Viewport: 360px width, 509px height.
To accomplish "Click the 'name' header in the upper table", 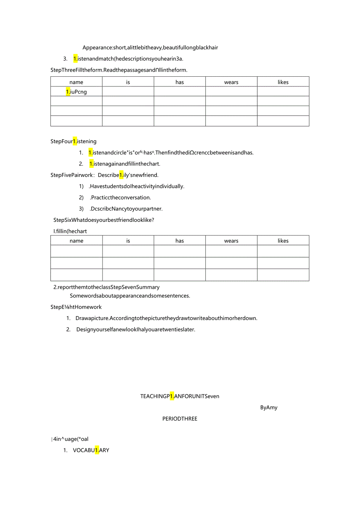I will click(x=76, y=82).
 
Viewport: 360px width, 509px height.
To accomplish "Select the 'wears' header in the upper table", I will click(x=231, y=82).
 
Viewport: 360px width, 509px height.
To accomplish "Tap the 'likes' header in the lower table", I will click(x=283, y=241).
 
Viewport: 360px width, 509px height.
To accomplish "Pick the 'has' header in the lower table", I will click(x=180, y=241).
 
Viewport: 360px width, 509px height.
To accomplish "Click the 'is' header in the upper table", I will click(x=128, y=82).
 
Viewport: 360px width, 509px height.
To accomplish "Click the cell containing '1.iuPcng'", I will click(x=76, y=92).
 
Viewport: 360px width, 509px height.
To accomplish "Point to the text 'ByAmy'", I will click(x=269, y=407).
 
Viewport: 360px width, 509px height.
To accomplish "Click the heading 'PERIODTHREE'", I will click(x=180, y=419).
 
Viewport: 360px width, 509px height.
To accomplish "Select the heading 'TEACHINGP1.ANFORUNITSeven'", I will click(x=180, y=396).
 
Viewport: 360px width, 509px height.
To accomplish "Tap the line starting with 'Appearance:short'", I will click(x=150, y=48).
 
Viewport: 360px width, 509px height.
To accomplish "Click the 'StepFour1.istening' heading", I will click(x=74, y=141).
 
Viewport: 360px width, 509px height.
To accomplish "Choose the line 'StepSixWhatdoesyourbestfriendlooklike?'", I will click(x=104, y=220).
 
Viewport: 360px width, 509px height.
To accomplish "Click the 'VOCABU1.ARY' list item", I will click(x=91, y=450).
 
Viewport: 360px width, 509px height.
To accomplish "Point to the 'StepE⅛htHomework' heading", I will click(x=76, y=307).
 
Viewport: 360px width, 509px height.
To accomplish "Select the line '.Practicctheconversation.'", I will click(x=120, y=198).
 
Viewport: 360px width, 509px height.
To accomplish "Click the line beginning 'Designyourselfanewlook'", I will click(x=135, y=329).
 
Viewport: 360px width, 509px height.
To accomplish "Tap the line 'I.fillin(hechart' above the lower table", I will click(x=70, y=231).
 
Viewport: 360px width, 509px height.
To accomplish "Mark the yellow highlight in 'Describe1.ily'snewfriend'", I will click(x=121, y=175).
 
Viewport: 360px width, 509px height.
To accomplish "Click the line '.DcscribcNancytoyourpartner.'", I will click(x=126, y=209).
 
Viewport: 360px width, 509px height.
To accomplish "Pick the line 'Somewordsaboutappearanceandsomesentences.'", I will click(x=130, y=296).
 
